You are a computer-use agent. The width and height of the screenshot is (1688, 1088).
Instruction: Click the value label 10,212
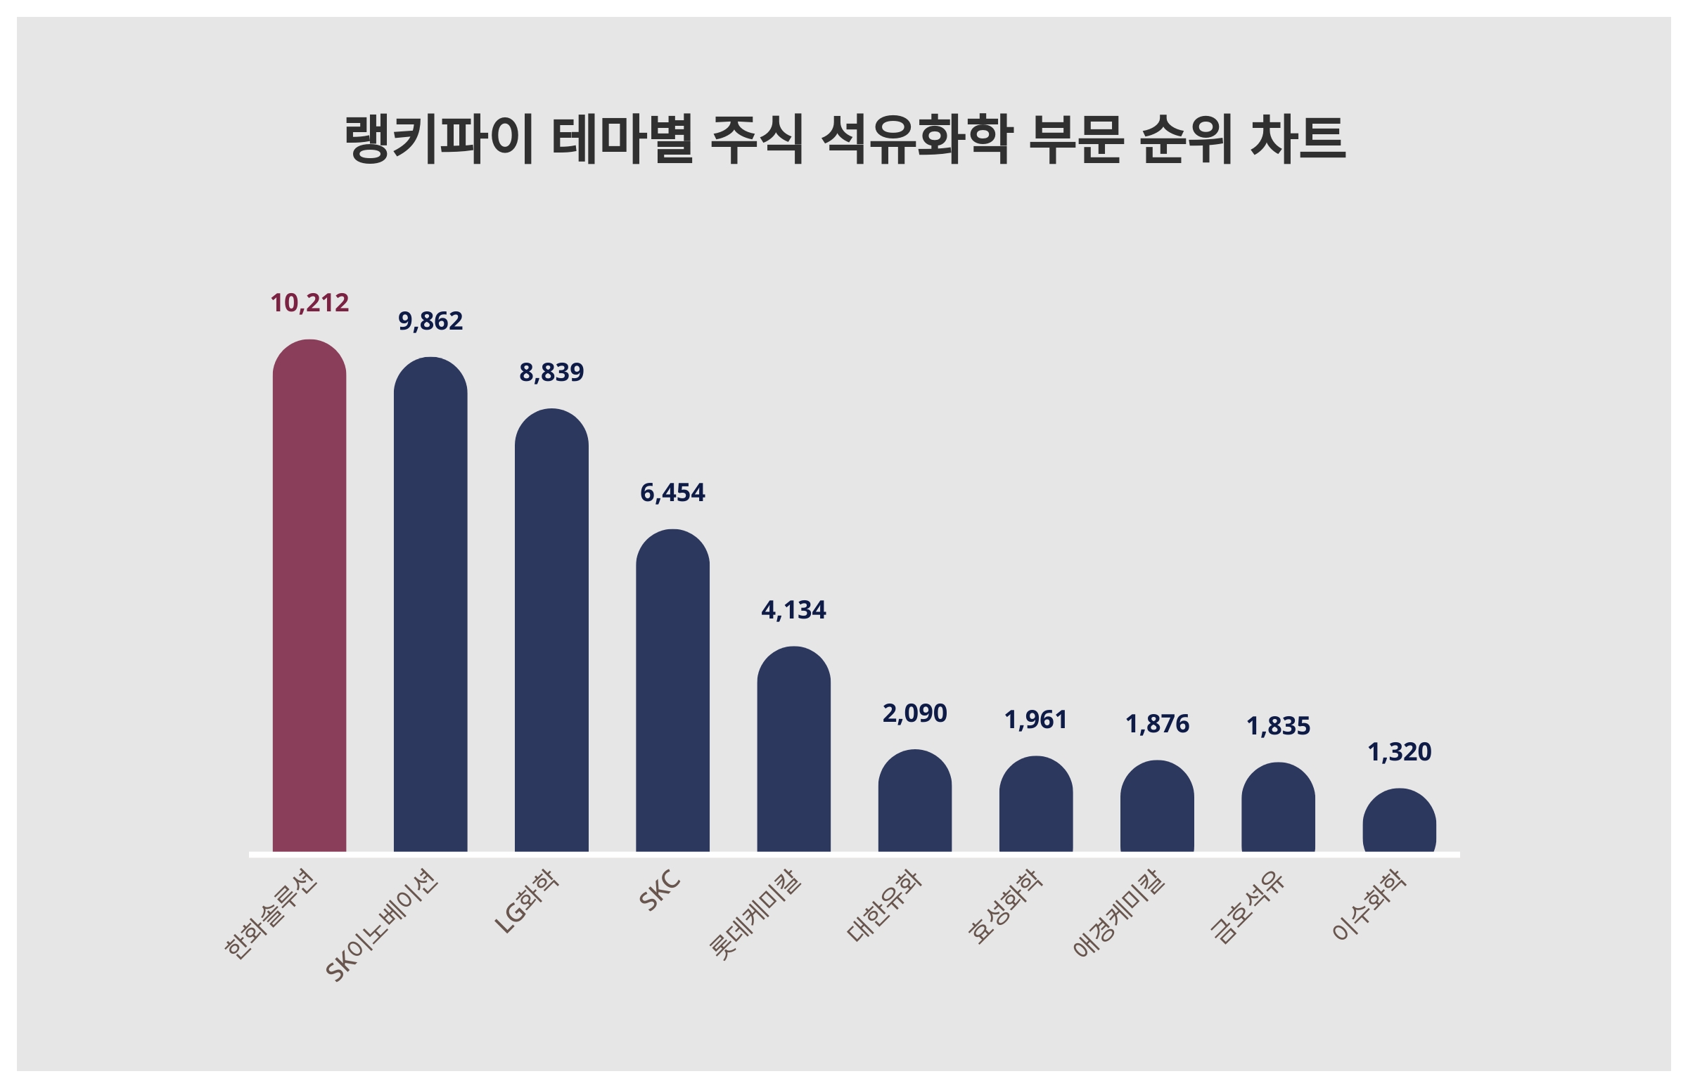(x=309, y=303)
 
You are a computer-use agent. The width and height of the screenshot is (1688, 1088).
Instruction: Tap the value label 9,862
(x=430, y=321)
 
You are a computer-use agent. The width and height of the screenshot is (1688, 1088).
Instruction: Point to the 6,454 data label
(x=672, y=493)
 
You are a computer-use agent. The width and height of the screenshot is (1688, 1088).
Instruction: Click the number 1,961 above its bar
(x=1035, y=720)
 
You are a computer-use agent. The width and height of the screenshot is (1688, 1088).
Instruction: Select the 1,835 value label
(x=1278, y=726)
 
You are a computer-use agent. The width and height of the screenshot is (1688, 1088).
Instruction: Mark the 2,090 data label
(x=915, y=713)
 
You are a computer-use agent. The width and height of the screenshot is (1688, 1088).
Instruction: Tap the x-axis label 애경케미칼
(x=1119, y=913)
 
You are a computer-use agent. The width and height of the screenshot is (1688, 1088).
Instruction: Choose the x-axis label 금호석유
(x=1247, y=909)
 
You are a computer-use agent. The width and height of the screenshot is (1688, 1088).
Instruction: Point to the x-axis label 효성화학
(x=1005, y=907)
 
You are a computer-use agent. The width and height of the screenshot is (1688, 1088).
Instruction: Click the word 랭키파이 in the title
(x=438, y=139)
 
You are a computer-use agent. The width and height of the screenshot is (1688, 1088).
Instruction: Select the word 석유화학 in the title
(x=917, y=139)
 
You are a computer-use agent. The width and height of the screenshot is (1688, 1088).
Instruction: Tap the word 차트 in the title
(x=1298, y=139)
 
